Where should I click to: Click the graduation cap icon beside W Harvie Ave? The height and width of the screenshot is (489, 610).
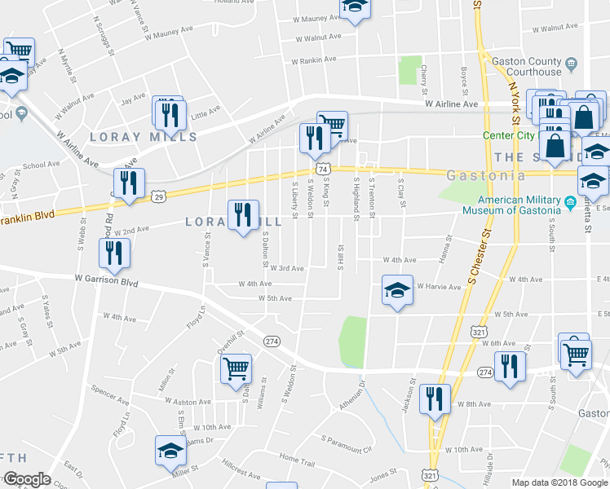[397, 291]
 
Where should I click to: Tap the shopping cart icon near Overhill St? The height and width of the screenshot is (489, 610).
[236, 368]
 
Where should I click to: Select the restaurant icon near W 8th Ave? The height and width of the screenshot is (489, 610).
[434, 399]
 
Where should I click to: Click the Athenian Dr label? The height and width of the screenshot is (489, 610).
[360, 397]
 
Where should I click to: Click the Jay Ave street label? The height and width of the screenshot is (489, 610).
[133, 102]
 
